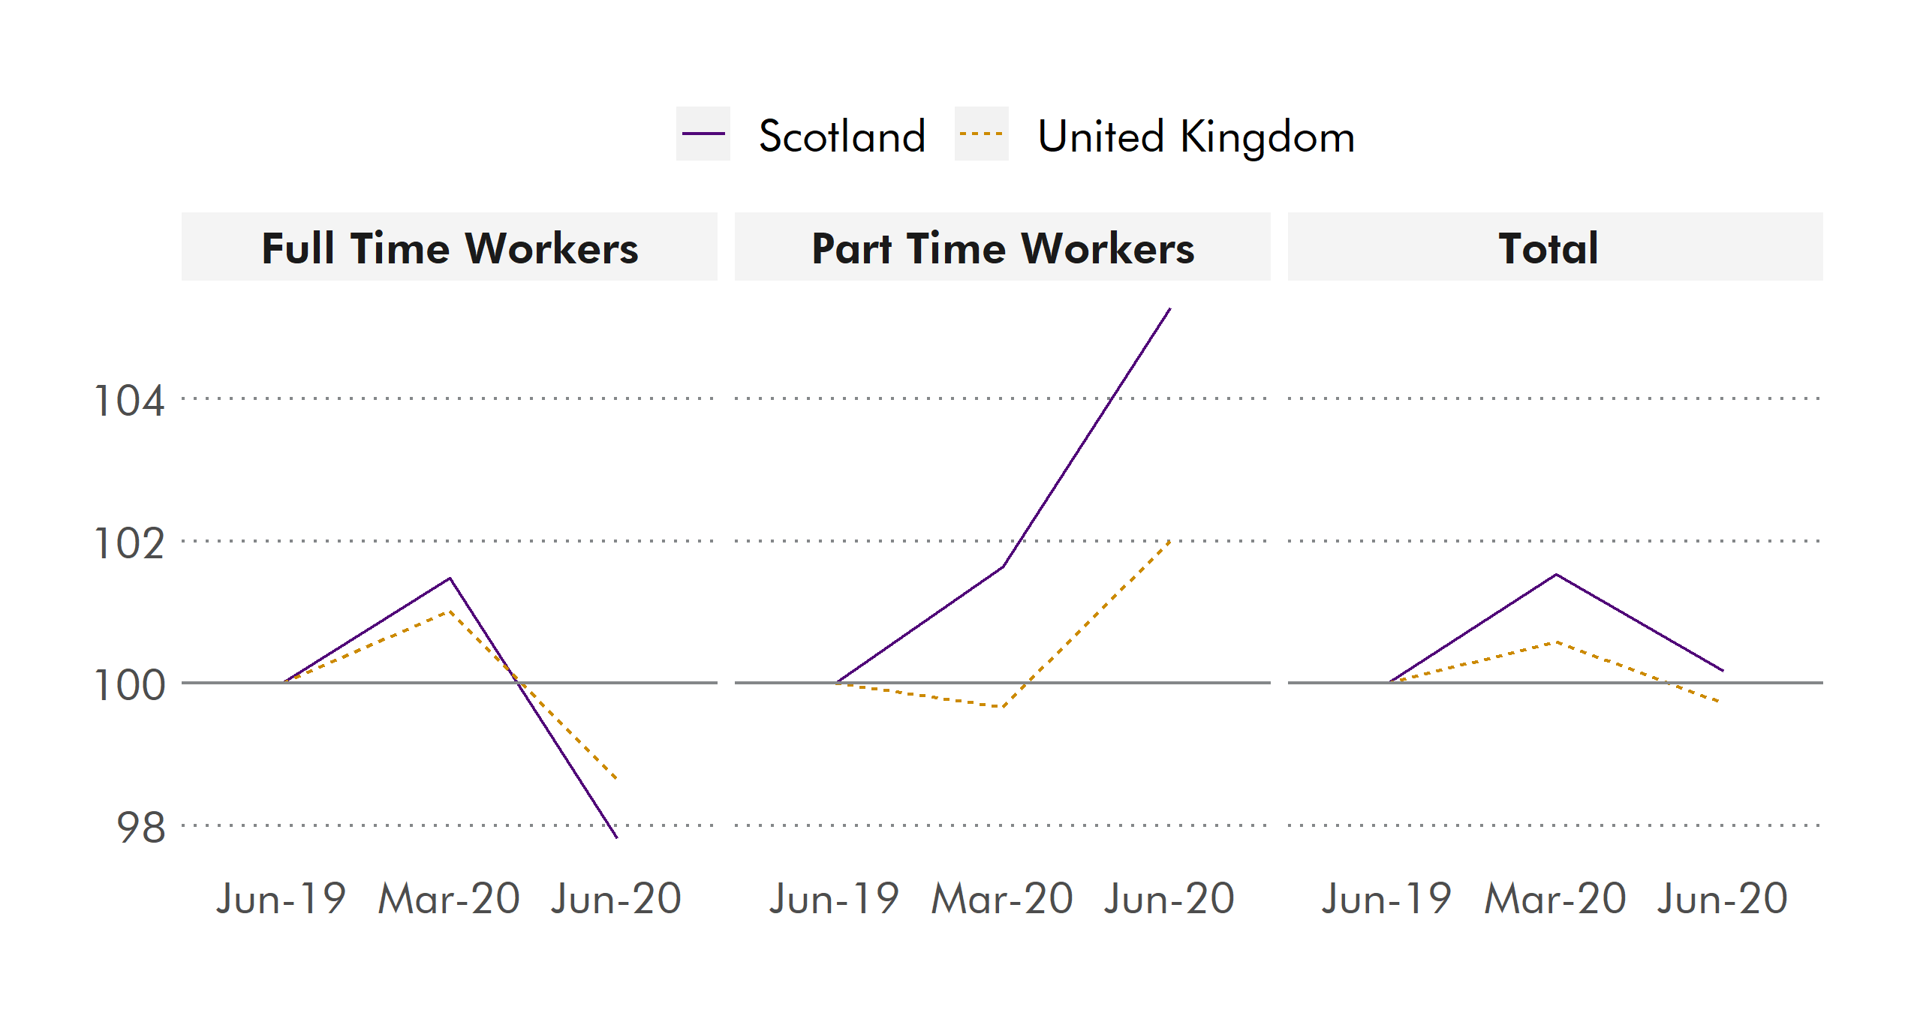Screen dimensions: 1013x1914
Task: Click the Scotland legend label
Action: pos(841,137)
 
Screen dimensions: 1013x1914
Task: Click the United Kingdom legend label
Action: pos(1196,137)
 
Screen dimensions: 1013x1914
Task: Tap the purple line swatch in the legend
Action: pos(703,134)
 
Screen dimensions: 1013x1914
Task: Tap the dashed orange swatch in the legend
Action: pos(981,134)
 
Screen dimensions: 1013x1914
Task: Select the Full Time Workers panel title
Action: pos(450,248)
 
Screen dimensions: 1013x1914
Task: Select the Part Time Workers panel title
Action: pos(1003,248)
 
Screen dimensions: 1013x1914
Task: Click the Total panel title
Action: pos(1548,248)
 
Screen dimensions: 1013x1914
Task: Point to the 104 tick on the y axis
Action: pos(129,400)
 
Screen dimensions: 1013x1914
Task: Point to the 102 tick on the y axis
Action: pos(129,543)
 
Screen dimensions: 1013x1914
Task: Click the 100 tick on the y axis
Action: pos(129,684)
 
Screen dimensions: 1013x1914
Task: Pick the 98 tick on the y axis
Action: pos(141,827)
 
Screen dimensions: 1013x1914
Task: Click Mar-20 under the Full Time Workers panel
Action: pos(449,898)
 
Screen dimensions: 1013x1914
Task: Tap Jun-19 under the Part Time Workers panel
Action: pos(834,898)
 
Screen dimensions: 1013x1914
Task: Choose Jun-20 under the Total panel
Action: pos(1723,898)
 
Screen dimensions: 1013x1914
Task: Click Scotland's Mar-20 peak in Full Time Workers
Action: pos(450,578)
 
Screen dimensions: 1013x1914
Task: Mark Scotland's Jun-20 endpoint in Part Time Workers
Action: pos(1170,308)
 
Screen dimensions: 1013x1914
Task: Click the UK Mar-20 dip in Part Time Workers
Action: pos(1003,707)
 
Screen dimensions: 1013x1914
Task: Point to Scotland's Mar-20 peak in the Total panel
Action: pos(1557,574)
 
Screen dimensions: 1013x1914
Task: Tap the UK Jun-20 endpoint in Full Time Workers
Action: pos(616,778)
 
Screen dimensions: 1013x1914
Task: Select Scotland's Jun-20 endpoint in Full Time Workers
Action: pos(616,837)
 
